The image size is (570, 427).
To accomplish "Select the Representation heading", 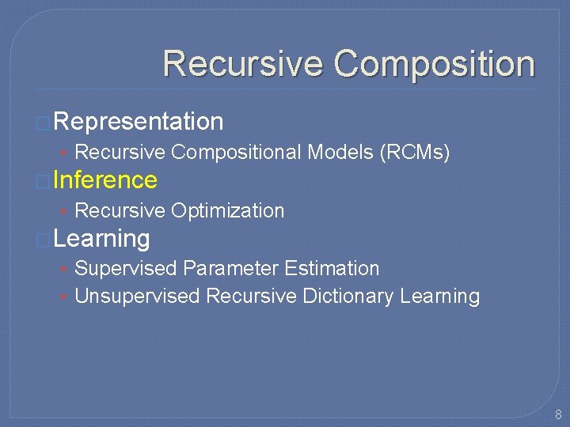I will coord(139,121).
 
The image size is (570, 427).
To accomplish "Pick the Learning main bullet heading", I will coord(102,238).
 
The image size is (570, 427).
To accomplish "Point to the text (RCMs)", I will coord(416,152).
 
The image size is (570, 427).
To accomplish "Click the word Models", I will coord(340,152).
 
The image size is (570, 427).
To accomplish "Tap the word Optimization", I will coord(227,210).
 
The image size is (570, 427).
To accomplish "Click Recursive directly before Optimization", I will coord(120,210).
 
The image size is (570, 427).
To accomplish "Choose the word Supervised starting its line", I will coord(125,269).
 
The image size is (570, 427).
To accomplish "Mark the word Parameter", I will coord(231,269).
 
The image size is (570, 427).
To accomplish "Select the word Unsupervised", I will coord(137,297).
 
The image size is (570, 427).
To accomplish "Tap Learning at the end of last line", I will coord(440,297).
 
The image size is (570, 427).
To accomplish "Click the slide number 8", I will coord(558,414).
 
